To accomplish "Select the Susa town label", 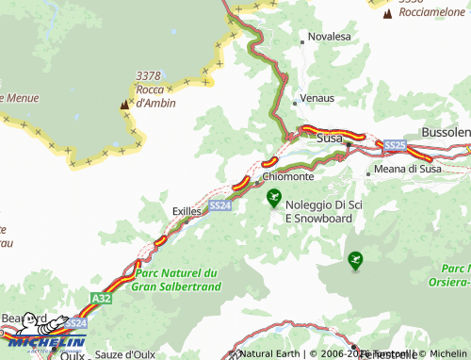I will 330,138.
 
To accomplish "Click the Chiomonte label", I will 288,176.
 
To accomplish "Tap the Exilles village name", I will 187,212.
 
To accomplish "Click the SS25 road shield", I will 395,145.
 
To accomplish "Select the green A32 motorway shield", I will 101,297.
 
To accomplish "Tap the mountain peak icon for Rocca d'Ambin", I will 123,106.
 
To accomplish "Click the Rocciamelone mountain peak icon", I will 387,13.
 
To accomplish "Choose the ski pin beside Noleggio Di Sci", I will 274,197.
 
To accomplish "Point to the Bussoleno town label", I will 445,132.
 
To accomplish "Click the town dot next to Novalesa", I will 301,41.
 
